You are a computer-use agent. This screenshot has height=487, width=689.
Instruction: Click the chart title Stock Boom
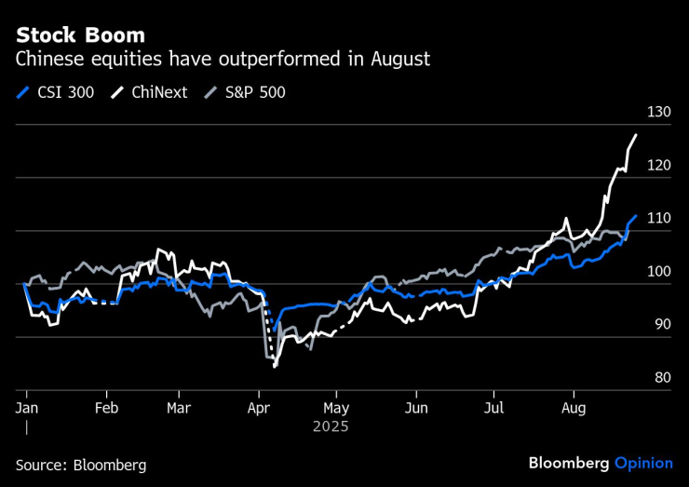(80, 35)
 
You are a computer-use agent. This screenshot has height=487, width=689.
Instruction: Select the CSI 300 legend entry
(56, 92)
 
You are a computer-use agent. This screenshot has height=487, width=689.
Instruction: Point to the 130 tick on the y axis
(658, 112)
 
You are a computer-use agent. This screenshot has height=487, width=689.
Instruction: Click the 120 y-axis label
(658, 165)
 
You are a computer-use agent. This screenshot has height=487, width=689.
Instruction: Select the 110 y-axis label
(658, 218)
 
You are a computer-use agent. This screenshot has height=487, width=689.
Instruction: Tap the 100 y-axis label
(658, 271)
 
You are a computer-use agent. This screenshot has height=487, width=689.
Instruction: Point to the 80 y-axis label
(661, 377)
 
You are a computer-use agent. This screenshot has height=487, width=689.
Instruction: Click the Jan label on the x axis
(27, 408)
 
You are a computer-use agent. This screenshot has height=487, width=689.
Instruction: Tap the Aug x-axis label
(575, 408)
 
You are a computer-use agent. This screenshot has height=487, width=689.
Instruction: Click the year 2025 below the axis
(331, 426)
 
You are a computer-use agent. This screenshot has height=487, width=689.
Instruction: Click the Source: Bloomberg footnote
(81, 464)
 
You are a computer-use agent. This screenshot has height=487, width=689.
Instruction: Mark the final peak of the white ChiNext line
(636, 135)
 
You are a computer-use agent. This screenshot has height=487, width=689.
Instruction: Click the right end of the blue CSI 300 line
(636, 216)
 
